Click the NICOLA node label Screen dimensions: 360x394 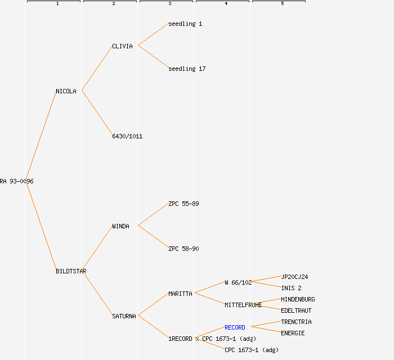[x=66, y=91]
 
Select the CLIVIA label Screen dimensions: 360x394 [x=122, y=46]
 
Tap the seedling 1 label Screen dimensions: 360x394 [x=185, y=24]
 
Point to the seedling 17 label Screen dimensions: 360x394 [x=187, y=69]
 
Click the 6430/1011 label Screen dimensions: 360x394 [x=127, y=136]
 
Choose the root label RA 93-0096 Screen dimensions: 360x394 [x=17, y=181]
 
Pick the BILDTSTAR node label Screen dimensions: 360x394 [x=71, y=271]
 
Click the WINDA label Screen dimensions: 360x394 [x=120, y=226]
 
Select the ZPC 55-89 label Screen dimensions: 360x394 [x=183, y=204]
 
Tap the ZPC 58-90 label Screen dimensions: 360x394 [x=183, y=249]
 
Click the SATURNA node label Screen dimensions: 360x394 [x=124, y=316]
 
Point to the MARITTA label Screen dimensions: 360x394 [x=180, y=294]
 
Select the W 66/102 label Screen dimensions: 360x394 [x=238, y=282]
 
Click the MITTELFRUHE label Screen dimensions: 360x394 [x=243, y=305]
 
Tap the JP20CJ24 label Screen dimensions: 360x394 [x=294, y=277]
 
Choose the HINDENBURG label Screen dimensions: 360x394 [x=298, y=299]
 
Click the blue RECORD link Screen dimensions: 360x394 [x=235, y=327]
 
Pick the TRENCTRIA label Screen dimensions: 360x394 [x=296, y=322]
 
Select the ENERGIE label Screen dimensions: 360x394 [x=293, y=333]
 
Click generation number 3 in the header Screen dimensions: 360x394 [x=169, y=4]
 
